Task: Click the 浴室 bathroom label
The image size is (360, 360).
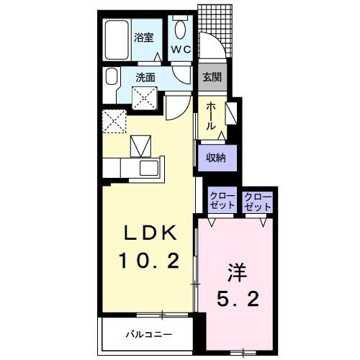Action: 143,37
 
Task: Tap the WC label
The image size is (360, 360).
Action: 181,50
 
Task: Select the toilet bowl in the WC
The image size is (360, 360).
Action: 180,30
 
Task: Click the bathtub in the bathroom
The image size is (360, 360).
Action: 117,40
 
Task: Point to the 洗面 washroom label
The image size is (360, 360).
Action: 145,77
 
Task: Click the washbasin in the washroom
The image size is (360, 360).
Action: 112,76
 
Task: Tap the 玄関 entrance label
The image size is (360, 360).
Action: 212,77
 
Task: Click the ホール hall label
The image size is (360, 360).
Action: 211,116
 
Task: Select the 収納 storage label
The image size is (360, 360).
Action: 216,158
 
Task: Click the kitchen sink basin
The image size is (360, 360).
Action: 149,168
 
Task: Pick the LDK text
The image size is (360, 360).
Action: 150,233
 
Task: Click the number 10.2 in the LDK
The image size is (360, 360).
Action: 149,261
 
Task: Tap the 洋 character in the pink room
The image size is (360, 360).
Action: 238,273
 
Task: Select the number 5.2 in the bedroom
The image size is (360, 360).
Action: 238,299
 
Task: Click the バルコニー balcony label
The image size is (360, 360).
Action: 149,335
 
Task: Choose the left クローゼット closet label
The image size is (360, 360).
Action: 222,201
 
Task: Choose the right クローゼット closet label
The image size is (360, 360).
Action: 258,201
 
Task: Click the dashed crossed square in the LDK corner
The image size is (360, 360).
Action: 114,121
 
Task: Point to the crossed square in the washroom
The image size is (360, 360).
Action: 145,99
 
